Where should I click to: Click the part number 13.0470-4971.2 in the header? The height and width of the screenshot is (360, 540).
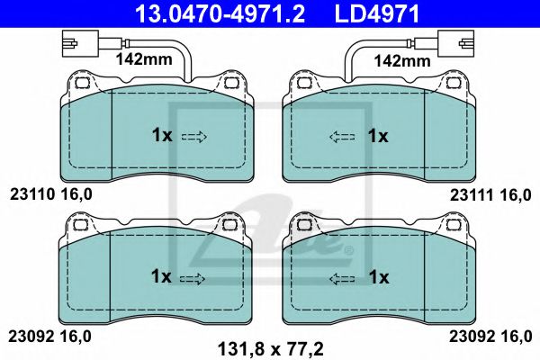click(x=220, y=13)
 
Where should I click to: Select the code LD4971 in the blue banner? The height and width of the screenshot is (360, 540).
click(x=377, y=13)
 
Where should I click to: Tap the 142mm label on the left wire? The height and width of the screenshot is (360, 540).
click(x=144, y=59)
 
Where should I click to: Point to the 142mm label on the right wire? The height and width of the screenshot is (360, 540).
click(x=402, y=61)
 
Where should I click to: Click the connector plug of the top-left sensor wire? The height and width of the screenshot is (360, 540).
click(x=81, y=43)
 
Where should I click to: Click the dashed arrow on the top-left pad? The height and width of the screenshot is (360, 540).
click(x=193, y=138)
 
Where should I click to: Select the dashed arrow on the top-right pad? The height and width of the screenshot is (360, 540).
click(x=342, y=137)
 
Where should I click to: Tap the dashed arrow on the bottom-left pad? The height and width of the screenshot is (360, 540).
click(x=193, y=279)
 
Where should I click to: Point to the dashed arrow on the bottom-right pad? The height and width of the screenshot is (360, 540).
click(x=342, y=279)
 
